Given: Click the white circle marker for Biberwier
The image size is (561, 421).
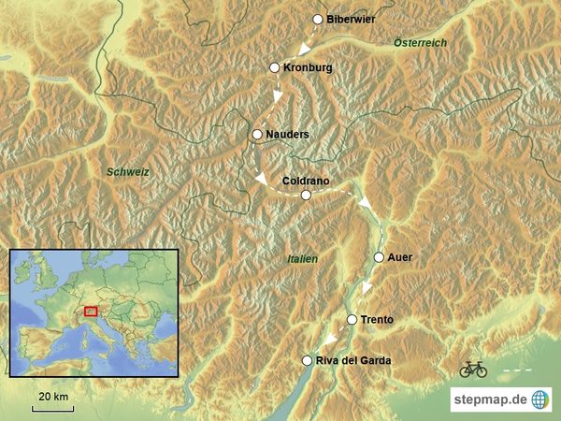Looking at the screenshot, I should tap(318, 19).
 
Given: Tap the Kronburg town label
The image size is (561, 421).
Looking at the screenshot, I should tap(308, 68).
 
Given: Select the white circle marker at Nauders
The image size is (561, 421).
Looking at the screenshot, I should tap(257, 135).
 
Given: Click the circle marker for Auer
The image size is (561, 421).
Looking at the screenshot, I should tap(379, 257).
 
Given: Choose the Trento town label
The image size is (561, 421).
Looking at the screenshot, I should tap(377, 320).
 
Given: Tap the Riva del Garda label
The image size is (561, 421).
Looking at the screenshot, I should tap(353, 361).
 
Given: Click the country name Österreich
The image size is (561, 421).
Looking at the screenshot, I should tap(420, 43).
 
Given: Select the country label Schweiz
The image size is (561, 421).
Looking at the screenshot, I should tap(128, 171).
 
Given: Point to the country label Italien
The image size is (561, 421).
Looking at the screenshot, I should tap(302, 259).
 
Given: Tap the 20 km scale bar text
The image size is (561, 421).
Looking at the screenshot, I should tap(52, 398).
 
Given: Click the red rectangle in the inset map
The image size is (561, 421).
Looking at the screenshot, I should tap(91, 312).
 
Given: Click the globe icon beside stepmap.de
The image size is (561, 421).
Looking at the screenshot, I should tap(541, 399).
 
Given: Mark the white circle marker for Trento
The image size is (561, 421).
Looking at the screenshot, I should tap(352, 320).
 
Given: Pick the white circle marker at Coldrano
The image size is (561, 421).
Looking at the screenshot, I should tap(305, 195).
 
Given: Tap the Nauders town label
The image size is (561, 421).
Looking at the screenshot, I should tap(287, 135).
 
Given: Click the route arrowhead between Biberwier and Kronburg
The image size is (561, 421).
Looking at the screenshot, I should tap(302, 50).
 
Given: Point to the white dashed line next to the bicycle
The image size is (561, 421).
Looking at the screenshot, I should tap(517, 370).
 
